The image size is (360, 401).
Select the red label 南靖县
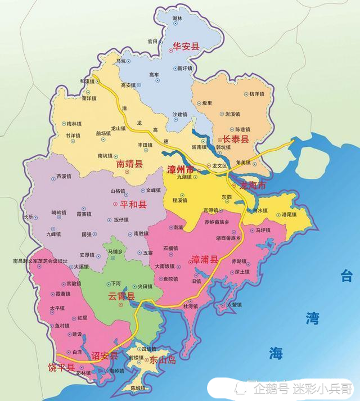click(x=130, y=164)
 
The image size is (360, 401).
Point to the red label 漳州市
click(x=181, y=169)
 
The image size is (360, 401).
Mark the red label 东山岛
click(x=163, y=361)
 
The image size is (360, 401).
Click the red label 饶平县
click(x=61, y=368)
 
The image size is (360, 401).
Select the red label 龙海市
click(x=252, y=186)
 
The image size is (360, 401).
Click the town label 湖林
click(x=178, y=19)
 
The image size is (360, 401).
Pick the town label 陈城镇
click(x=138, y=389)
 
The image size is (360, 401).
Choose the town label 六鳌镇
click(x=233, y=304)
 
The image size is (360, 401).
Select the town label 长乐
click(x=29, y=216)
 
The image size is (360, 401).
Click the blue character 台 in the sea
click(x=346, y=276)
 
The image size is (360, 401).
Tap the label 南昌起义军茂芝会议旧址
click(x=40, y=261)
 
